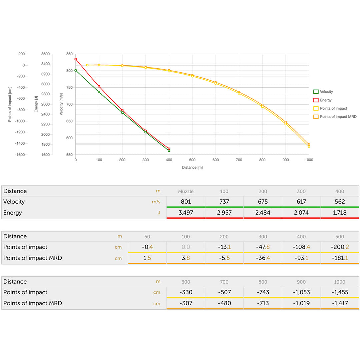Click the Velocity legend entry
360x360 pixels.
click(326, 92)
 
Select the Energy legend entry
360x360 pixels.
click(325, 100)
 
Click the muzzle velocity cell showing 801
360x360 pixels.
click(186, 202)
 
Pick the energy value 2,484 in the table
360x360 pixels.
click(263, 213)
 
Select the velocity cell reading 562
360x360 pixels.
click(340, 202)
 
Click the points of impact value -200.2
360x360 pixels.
click(340, 247)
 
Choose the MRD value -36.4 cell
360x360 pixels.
click(263, 258)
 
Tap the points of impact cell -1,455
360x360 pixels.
click(340, 292)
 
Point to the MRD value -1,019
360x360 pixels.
click(301, 303)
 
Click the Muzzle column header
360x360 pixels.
click(186, 191)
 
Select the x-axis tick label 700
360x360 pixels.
click(239, 160)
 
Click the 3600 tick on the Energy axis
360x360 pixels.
click(45, 54)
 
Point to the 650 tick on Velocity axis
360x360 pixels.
click(69, 121)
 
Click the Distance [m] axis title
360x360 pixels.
click(192, 167)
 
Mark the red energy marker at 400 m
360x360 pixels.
click(169, 149)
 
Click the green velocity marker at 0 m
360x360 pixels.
click(76, 70)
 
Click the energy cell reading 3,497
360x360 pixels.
click(186, 213)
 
